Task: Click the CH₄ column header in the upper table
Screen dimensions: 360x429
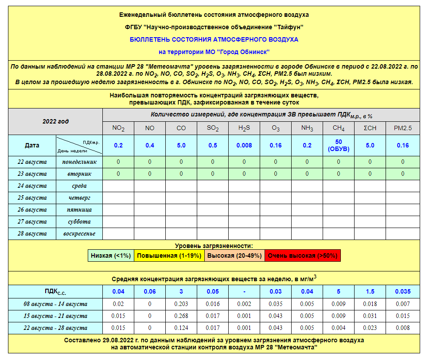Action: pyautogui.click(x=339, y=128)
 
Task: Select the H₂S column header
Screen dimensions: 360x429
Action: pyautogui.click(x=244, y=128)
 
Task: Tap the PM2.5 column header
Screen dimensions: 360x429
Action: pyautogui.click(x=402, y=128)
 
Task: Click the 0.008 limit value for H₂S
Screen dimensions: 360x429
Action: pyautogui.click(x=244, y=145)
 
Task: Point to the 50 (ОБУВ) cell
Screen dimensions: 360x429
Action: pyautogui.click(x=339, y=145)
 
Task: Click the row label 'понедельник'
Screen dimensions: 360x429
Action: pyautogui.click(x=79, y=162)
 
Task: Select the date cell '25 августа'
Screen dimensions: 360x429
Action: pyautogui.click(x=32, y=198)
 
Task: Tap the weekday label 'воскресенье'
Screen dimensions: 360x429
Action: pyautogui.click(x=79, y=234)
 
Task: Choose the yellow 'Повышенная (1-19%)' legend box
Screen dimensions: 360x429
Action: pyautogui.click(x=169, y=255)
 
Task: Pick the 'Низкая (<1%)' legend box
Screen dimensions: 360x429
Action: pyautogui.click(x=111, y=255)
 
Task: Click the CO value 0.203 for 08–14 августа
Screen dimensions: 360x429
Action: pyautogui.click(x=181, y=304)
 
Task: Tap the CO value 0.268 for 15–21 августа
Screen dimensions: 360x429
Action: pyautogui.click(x=181, y=316)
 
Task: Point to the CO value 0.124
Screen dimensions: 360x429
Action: pyautogui.click(x=181, y=328)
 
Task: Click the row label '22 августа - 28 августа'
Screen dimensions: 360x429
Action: pyautogui.click(x=55, y=328)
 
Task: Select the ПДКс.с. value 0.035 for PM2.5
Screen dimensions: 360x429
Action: pyautogui.click(x=402, y=291)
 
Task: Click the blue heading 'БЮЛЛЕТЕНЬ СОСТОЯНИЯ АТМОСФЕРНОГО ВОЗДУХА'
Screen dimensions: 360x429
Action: pyautogui.click(x=214, y=39)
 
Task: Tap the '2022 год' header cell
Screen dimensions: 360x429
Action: pyautogui.click(x=55, y=121)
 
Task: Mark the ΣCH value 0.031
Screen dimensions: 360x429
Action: pyautogui.click(x=370, y=316)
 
